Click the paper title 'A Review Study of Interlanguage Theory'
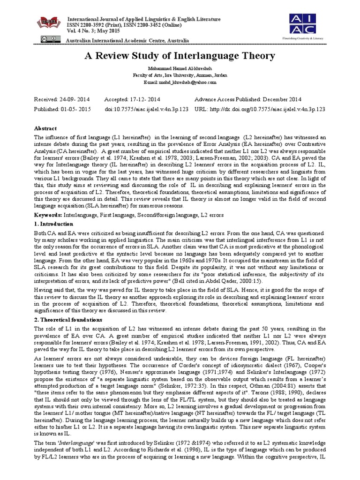pos(179,56)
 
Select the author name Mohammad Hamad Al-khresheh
pos(180,69)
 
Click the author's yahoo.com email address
pos(180,82)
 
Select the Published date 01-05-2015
pos(63,109)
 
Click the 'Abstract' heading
pos(45,128)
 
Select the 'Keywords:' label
pos(49,215)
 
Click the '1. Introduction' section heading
pos(54,224)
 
